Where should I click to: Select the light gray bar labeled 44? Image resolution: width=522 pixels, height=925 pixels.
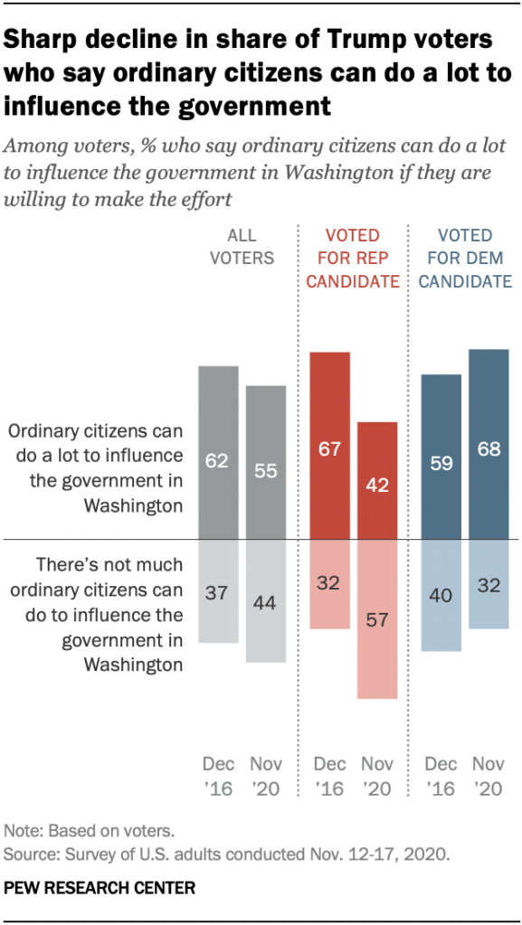pos(266,601)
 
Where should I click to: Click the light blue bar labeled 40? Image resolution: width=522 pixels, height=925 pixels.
pos(441,595)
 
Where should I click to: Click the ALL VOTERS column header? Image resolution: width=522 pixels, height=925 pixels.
pos(242,246)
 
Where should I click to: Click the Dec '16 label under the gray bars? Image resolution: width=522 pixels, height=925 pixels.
pos(218,777)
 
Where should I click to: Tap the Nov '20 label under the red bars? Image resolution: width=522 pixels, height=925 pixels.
pos(377,777)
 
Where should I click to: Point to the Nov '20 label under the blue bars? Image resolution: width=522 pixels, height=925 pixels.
pos(489,777)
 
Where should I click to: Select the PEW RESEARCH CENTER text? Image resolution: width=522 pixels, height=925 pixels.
pos(100,888)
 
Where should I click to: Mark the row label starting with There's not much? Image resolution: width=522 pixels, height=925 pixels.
pos(109,615)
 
